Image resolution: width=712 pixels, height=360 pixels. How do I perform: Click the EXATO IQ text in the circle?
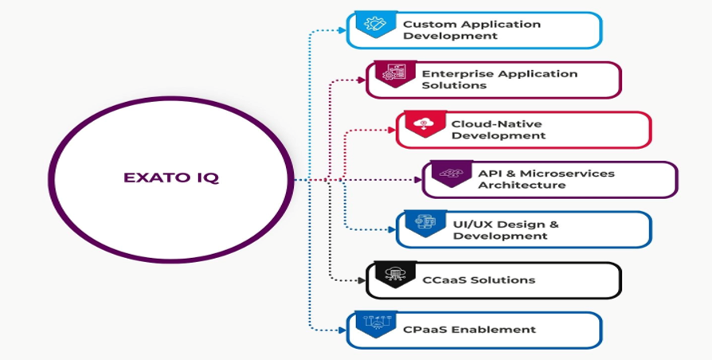click(170, 178)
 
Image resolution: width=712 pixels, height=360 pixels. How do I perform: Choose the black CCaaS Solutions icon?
click(393, 274)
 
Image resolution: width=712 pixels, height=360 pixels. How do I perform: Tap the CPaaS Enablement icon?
click(374, 323)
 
